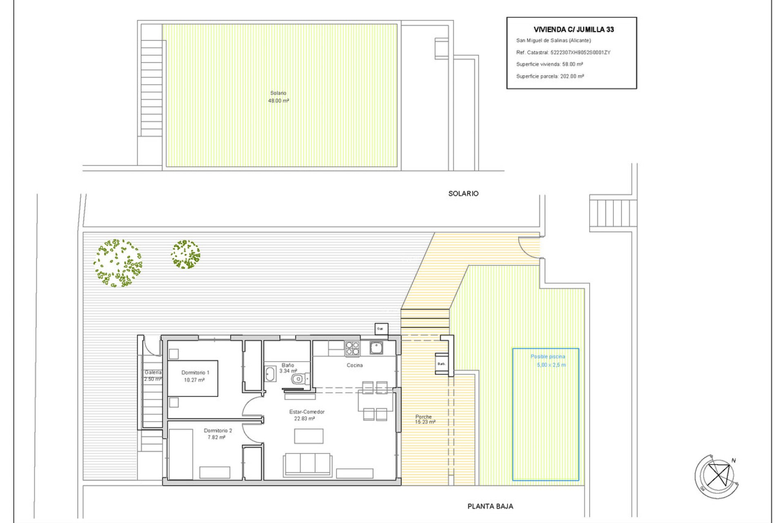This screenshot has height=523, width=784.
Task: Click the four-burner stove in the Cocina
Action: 352,348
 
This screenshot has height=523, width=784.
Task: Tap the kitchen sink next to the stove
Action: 376,348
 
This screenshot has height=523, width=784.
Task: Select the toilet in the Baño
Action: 299,379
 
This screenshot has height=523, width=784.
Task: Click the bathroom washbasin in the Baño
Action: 270,374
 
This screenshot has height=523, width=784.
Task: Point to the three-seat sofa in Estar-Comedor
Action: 308,465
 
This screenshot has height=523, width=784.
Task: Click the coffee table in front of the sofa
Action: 309,436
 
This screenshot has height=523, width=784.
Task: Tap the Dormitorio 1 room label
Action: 195,373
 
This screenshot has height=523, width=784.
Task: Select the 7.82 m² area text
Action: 216,438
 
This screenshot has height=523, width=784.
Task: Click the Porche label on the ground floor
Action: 423,417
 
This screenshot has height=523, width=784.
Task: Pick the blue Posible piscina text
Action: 548,357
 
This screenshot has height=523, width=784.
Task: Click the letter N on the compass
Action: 733,460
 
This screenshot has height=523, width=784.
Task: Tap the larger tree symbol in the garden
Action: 118,263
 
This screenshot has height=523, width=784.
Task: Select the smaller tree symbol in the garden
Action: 185,254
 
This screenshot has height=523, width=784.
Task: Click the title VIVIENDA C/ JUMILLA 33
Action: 574,29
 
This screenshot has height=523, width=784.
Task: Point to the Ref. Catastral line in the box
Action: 563,52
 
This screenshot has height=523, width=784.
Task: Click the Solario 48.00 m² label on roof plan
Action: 278,97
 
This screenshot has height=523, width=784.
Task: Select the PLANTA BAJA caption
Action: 490,506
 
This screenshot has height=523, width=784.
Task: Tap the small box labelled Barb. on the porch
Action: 441,364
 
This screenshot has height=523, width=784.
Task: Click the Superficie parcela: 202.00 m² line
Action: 550,76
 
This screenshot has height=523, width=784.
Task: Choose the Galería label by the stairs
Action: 153,373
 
